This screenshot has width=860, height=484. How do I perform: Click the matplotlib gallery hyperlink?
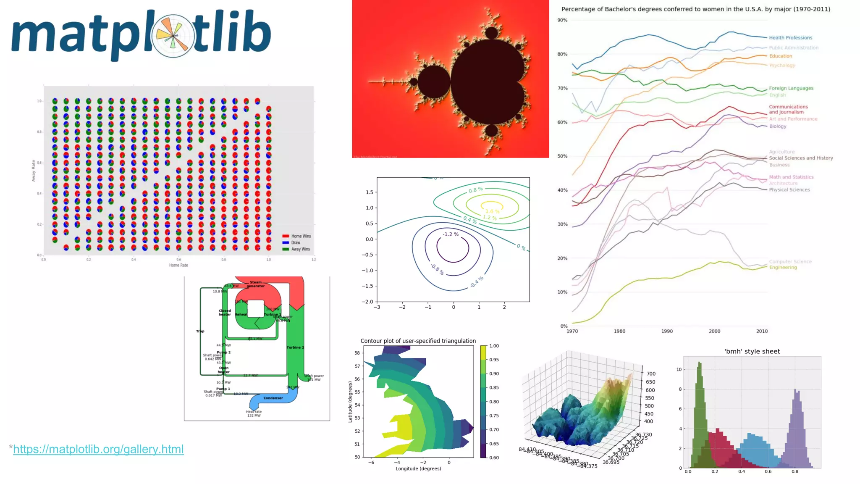[x=98, y=449]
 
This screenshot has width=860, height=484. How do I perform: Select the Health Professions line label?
[x=790, y=38]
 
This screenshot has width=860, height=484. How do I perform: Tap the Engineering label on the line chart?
[x=783, y=267]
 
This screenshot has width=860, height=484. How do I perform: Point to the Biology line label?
[x=777, y=126]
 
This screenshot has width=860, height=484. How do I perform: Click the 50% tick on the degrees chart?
[x=562, y=156]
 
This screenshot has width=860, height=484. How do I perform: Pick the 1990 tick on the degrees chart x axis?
[x=667, y=331]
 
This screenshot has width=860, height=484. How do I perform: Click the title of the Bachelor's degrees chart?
[x=695, y=9]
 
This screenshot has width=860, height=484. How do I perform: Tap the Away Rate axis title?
[x=34, y=171]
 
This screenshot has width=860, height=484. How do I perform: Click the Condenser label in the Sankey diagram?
[x=273, y=398]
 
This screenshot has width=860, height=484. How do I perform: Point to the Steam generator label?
[x=255, y=284]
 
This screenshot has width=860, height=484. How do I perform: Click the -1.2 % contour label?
[x=451, y=234]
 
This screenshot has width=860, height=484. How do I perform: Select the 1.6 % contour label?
[x=492, y=211]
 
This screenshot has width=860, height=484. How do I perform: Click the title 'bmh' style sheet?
[x=752, y=352]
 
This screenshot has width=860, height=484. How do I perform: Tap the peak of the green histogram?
[x=699, y=363]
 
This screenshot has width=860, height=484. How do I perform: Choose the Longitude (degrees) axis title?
[x=418, y=469]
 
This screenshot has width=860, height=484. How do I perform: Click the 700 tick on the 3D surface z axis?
[x=650, y=374]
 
